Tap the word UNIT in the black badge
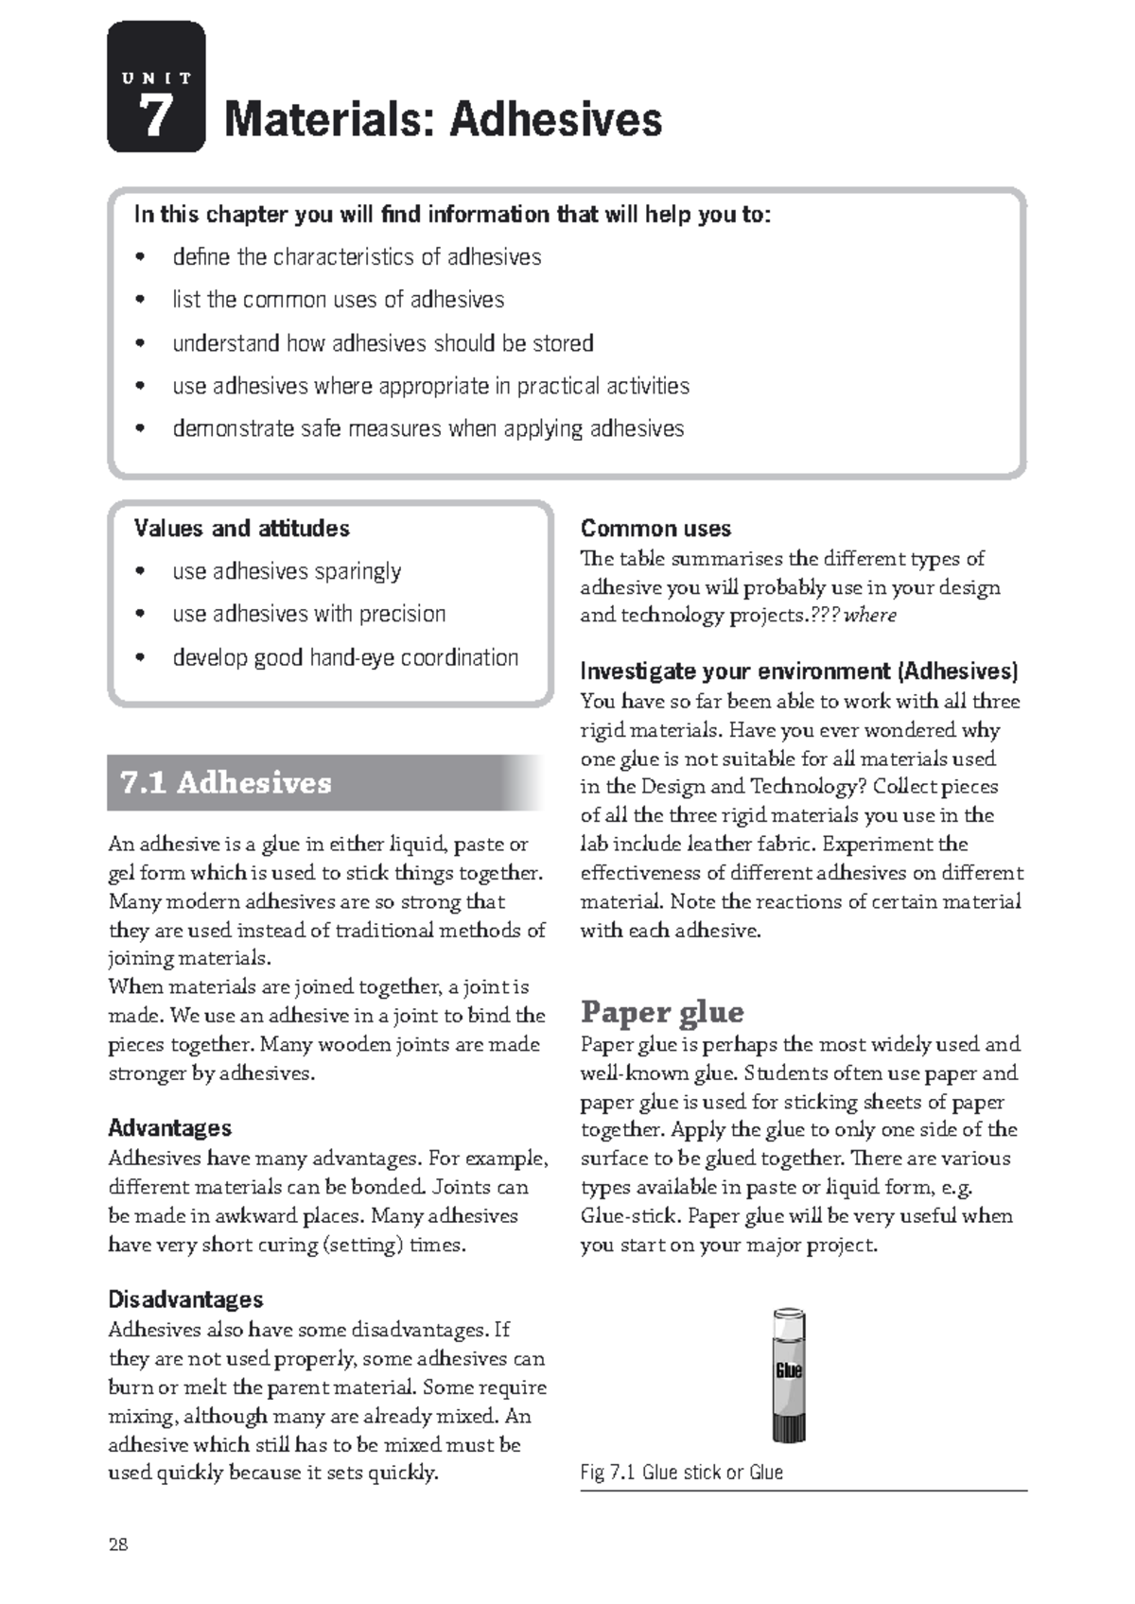pyautogui.click(x=156, y=78)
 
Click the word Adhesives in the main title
pyautogui.click(x=555, y=119)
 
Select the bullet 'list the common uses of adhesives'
pyautogui.click(x=338, y=300)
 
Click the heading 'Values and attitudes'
pyautogui.click(x=241, y=528)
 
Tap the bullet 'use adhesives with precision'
pyautogui.click(x=308, y=614)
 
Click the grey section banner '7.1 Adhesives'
pyautogui.click(x=322, y=782)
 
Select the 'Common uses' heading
pyautogui.click(x=655, y=528)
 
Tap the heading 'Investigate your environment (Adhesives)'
pyautogui.click(x=798, y=671)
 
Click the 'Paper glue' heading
pyautogui.click(x=662, y=1012)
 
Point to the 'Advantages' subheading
pyautogui.click(x=169, y=1127)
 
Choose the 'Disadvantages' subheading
pyautogui.click(x=185, y=1299)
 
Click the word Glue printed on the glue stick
pyautogui.click(x=789, y=1370)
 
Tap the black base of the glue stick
pyautogui.click(x=789, y=1428)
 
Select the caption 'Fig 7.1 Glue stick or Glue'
pyautogui.click(x=681, y=1473)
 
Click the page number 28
pyautogui.click(x=118, y=1545)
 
